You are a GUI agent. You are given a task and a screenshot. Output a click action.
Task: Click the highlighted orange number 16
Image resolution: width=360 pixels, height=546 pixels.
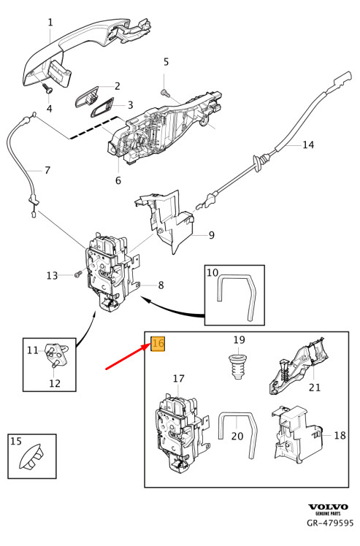[x=159, y=343]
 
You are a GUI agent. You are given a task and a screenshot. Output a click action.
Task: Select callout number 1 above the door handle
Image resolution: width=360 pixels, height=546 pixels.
[x=50, y=23]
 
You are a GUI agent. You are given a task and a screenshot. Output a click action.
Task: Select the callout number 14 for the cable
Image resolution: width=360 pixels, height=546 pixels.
[x=308, y=145]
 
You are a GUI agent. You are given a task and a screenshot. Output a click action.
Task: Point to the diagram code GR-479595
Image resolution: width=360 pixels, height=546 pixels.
[x=330, y=523]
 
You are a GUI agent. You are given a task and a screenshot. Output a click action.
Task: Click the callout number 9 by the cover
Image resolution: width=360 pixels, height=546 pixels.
[x=211, y=235]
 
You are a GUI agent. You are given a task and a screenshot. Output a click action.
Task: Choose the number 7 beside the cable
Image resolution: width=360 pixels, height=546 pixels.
[x=47, y=171]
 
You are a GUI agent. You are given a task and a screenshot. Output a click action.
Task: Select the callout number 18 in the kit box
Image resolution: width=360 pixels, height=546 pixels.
[x=340, y=434]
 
